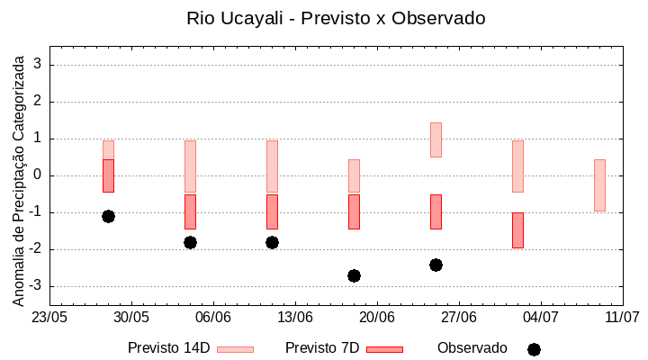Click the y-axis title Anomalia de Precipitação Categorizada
coord(19,177)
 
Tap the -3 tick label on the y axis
coord(37,286)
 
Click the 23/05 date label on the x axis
coord(49,317)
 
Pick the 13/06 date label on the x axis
coord(295,317)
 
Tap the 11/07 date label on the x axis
coord(622,317)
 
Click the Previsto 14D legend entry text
coord(168,348)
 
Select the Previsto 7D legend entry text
coord(322,348)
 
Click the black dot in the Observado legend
coord(534,349)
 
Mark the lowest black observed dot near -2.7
coord(354,275)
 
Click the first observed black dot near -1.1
coord(108,216)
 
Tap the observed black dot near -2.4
coord(436,265)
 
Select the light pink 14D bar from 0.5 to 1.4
coord(436,139)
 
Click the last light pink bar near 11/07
coord(599,184)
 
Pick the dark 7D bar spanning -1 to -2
coord(517,229)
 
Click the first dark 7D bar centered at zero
coord(108,175)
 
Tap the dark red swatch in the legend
coord(384,349)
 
